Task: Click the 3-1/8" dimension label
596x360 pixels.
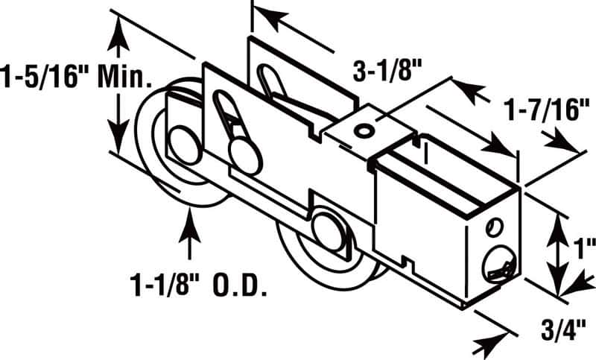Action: coord(387,73)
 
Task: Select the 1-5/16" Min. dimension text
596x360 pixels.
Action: coord(77,75)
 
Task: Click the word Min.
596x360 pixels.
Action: coord(130,75)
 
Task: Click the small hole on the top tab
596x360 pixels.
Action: coord(363,130)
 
